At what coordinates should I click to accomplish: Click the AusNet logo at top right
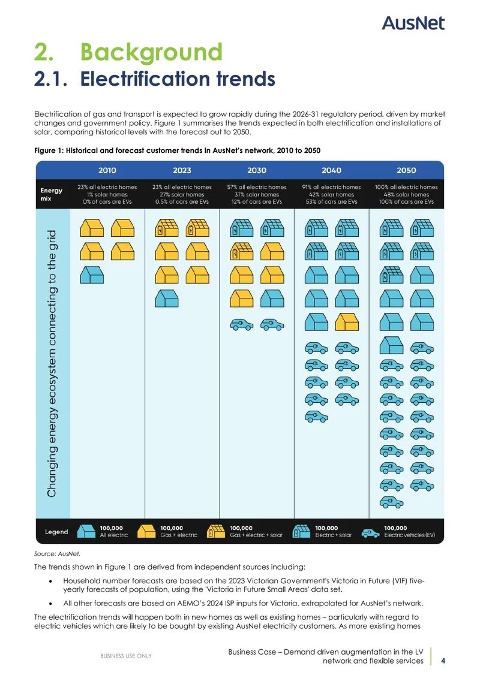(413, 23)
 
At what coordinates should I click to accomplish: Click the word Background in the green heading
(151, 52)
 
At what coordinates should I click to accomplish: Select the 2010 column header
(107, 170)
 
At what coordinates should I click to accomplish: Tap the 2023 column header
(182, 170)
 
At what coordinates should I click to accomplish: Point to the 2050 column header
(406, 170)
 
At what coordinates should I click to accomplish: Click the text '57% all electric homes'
(257, 187)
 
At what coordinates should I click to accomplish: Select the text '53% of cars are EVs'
(332, 202)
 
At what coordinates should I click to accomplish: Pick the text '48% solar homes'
(406, 195)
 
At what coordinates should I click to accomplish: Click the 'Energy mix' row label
(52, 195)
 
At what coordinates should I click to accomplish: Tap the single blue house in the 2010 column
(92, 275)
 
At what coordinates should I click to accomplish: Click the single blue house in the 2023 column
(167, 299)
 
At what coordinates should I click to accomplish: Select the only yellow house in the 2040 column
(347, 322)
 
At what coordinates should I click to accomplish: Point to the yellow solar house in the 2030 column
(242, 251)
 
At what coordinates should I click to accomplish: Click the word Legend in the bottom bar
(56, 532)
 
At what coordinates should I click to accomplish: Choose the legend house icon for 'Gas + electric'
(146, 531)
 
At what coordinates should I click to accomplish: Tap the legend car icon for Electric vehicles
(370, 533)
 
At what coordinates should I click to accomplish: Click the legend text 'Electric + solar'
(333, 535)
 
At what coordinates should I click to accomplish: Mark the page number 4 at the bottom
(443, 661)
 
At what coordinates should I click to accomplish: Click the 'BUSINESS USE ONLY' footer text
(126, 656)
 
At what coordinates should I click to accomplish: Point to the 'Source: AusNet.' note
(57, 553)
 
